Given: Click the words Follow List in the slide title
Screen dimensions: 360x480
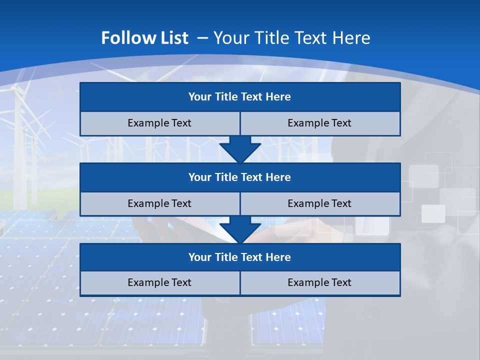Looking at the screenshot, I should (x=144, y=38).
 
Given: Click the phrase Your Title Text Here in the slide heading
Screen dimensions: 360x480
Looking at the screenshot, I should (x=291, y=38).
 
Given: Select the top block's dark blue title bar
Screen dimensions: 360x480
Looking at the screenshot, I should (x=240, y=97).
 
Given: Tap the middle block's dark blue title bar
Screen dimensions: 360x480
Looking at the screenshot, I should (x=240, y=177).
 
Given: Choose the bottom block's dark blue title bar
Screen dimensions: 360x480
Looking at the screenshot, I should (x=240, y=257).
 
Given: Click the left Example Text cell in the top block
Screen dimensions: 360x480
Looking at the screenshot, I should (x=159, y=123).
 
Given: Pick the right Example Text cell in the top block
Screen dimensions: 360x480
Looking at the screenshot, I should (x=320, y=123).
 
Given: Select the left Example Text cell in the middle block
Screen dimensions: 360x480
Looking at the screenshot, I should (x=159, y=204).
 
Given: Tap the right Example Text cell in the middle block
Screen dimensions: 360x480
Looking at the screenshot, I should (x=320, y=204).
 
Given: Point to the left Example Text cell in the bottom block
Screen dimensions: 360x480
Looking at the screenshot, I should (x=159, y=283).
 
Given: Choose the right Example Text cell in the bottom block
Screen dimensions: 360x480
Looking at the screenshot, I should (x=320, y=283).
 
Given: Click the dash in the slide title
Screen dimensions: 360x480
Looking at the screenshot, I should (x=202, y=38).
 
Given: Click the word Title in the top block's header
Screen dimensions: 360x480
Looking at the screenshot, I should (x=226, y=97).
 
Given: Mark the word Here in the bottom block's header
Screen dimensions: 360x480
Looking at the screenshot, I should (x=278, y=257).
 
